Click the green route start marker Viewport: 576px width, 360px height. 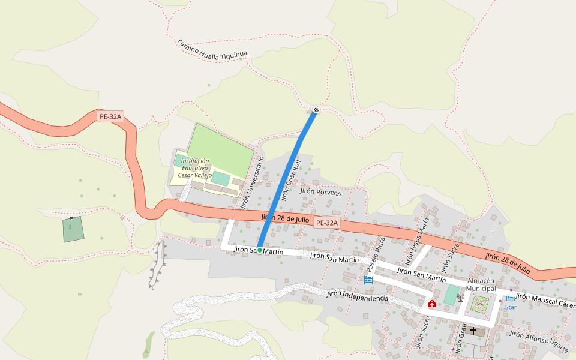click(260, 250)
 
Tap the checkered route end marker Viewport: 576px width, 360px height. click(316, 110)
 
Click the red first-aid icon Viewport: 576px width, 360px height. click(431, 304)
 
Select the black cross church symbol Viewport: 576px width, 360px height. click(473, 331)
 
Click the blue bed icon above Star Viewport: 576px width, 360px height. click(509, 298)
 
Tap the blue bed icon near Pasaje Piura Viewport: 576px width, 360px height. click(368, 280)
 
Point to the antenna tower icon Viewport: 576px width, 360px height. click(461, 296)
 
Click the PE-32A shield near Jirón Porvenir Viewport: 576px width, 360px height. click(327, 223)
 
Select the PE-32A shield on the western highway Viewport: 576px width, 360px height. click(110, 117)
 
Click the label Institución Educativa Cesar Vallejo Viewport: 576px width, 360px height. click(195, 168)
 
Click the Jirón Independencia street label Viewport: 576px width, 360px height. click(357, 296)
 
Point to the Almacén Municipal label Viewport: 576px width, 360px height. click(481, 284)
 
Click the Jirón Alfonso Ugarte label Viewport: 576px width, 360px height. click(538, 339)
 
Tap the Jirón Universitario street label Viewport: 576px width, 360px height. click(252, 182)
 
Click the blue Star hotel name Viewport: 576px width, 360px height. click(510, 307)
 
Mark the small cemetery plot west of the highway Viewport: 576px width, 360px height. click(73, 229)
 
